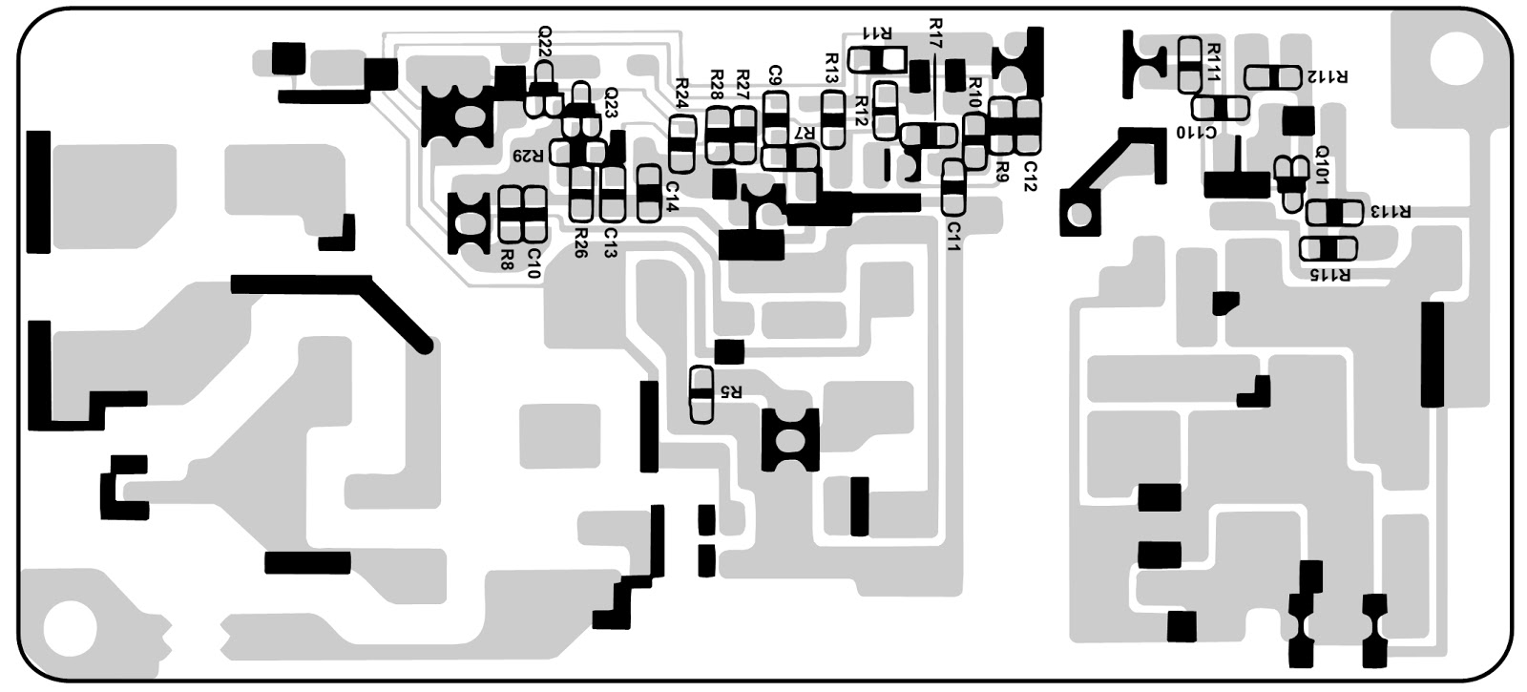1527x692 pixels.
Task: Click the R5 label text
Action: [x=731, y=390]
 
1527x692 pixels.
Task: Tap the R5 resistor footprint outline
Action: [x=701, y=394]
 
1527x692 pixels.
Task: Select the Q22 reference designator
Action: [x=544, y=43]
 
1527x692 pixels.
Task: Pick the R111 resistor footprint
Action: [x=1189, y=64]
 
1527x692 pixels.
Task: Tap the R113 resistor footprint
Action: [x=1334, y=212]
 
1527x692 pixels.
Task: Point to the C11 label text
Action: [x=953, y=235]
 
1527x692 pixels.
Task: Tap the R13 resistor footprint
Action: [x=833, y=119]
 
